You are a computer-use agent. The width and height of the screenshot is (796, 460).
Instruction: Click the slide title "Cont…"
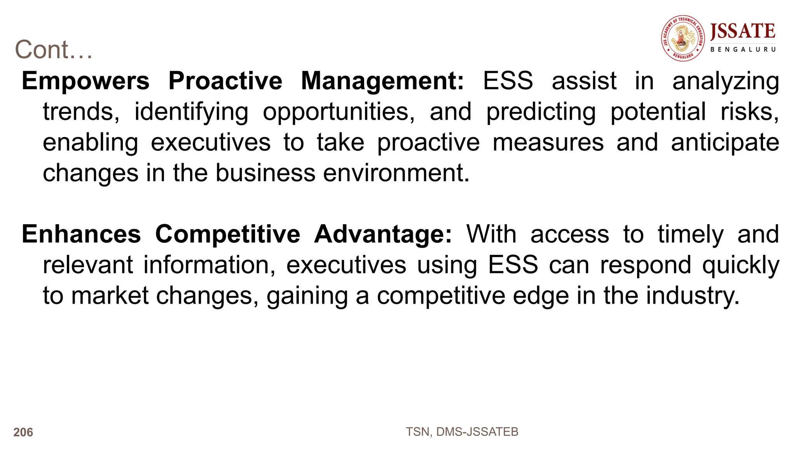[x=54, y=50]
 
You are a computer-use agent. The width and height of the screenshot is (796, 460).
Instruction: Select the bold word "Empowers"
[x=86, y=81]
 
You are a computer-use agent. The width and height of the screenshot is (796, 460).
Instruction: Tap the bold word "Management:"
[x=382, y=81]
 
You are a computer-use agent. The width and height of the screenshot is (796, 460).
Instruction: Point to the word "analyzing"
[x=726, y=82]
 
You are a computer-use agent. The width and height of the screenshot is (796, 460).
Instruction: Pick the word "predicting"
[x=541, y=112]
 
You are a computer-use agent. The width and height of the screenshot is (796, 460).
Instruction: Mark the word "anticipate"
[x=725, y=143]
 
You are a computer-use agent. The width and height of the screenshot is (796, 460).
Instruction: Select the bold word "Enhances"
[x=81, y=234]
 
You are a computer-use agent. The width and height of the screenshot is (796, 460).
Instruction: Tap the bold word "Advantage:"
[x=383, y=234]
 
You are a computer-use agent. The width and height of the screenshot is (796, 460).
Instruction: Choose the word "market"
[x=110, y=296]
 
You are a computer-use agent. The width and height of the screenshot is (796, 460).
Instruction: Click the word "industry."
[x=693, y=296]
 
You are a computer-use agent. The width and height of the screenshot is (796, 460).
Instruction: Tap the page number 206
[x=23, y=432]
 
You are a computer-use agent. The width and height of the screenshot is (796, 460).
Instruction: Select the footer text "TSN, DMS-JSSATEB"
[x=462, y=432]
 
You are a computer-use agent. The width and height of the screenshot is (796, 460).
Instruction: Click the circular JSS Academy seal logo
[x=683, y=38]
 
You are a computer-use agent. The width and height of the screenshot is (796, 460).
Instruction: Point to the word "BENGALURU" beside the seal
[x=743, y=49]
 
